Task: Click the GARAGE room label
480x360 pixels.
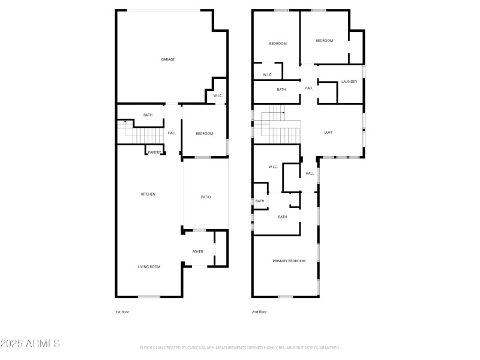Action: click(x=168, y=59)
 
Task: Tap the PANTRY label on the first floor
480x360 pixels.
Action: click(x=154, y=152)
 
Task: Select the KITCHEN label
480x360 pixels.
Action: click(x=148, y=194)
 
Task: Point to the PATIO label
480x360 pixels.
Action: click(x=206, y=197)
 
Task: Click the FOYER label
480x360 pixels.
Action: click(x=198, y=251)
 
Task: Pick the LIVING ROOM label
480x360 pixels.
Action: click(x=149, y=266)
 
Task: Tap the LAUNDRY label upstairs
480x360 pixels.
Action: click(x=349, y=82)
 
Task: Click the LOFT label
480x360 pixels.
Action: click(x=328, y=132)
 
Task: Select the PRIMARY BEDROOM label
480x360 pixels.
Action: click(x=289, y=261)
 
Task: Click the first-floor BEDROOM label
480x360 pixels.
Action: click(x=204, y=133)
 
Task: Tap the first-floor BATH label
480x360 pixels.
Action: click(x=148, y=115)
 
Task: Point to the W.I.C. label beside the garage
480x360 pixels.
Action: click(x=218, y=95)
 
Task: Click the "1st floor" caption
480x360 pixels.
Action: click(x=122, y=312)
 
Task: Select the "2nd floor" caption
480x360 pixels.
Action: click(x=259, y=312)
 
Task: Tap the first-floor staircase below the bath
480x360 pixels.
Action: click(x=141, y=134)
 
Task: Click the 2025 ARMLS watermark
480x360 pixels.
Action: click(x=30, y=344)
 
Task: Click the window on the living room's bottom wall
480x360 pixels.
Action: click(x=149, y=296)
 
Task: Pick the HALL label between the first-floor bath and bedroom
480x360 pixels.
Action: click(x=172, y=133)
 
